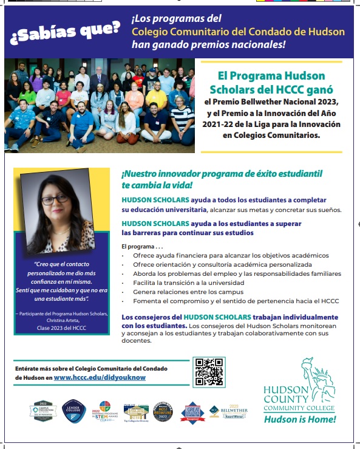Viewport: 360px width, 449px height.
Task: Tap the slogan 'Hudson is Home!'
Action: [x=300, y=419]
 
